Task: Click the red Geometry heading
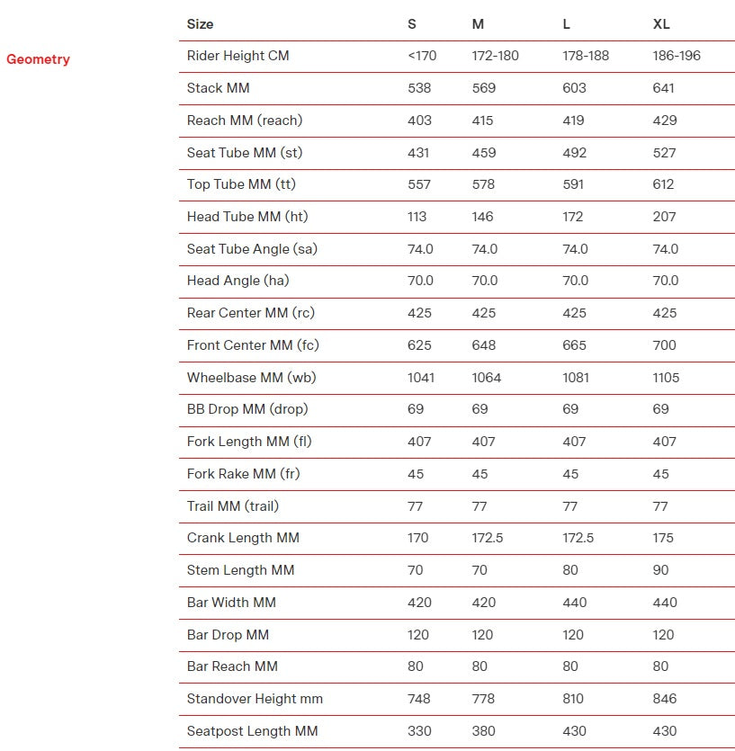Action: pyautogui.click(x=38, y=59)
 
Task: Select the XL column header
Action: pyautogui.click(x=661, y=24)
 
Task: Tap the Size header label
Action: pyautogui.click(x=200, y=24)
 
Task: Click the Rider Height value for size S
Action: pyautogui.click(x=422, y=56)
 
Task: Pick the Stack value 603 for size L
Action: pyautogui.click(x=574, y=88)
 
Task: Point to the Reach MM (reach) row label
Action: pyautogui.click(x=244, y=121)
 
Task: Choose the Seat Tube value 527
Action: pyautogui.click(x=664, y=153)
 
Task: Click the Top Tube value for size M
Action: pyautogui.click(x=484, y=184)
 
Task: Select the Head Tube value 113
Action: pyautogui.click(x=417, y=217)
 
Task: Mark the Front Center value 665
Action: pyautogui.click(x=574, y=345)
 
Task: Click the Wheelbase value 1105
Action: pyautogui.click(x=666, y=378)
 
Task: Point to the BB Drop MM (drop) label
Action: pyautogui.click(x=246, y=409)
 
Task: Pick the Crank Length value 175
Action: pyautogui.click(x=662, y=538)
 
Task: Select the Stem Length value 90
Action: pyautogui.click(x=661, y=570)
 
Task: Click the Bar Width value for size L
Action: pyautogui.click(x=574, y=603)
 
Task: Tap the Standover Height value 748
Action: pyautogui.click(x=419, y=699)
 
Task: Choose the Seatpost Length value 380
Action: pyautogui.click(x=484, y=731)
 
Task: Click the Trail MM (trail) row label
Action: pyautogui.click(x=232, y=506)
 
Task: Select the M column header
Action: pyautogui.click(x=478, y=24)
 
